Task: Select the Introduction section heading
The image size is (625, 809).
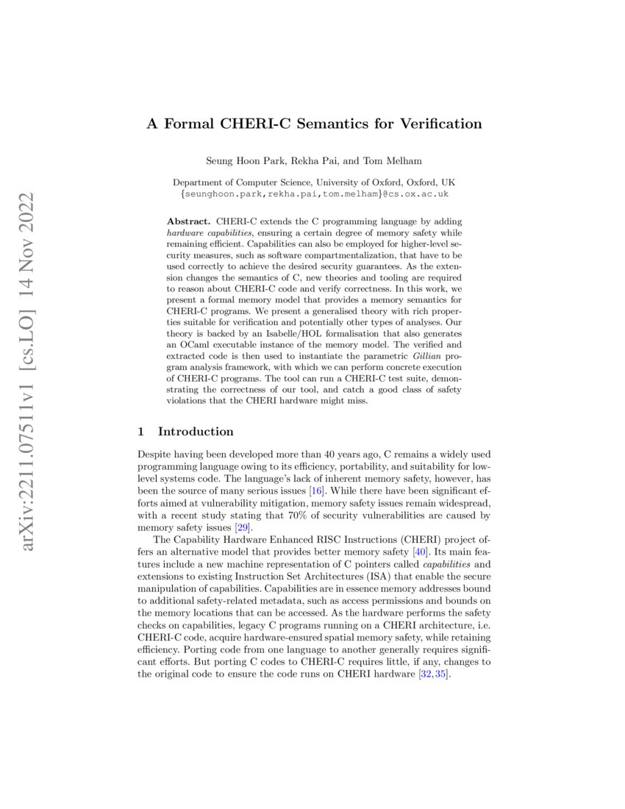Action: pos(196,432)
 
